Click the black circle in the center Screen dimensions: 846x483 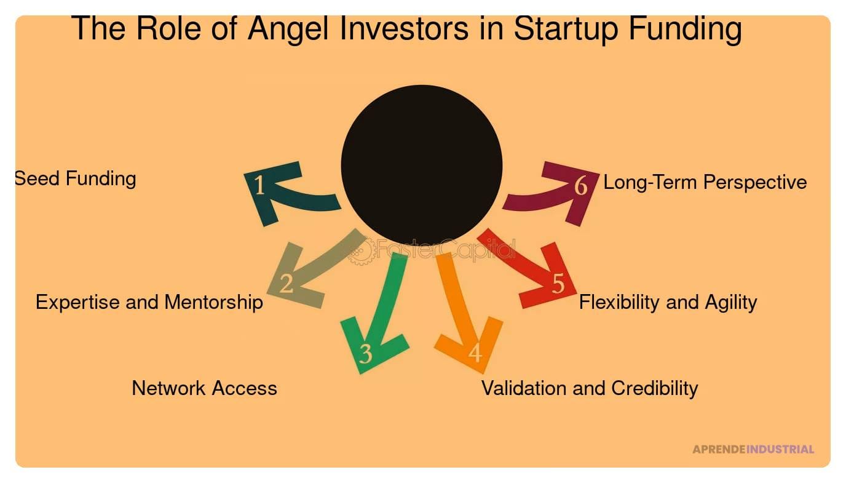(x=422, y=166)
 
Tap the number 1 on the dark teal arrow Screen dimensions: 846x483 (x=259, y=185)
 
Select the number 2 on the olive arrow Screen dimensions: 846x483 (x=287, y=283)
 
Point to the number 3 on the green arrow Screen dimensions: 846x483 (x=366, y=353)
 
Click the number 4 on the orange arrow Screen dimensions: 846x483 (x=475, y=353)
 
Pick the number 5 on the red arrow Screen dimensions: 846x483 (x=558, y=283)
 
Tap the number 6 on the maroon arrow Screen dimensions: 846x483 (x=581, y=186)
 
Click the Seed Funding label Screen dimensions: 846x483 (x=75, y=179)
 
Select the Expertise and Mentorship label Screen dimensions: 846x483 (x=149, y=302)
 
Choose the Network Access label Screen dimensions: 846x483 (x=204, y=388)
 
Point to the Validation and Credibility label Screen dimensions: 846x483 (x=590, y=388)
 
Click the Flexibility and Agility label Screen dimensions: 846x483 (x=668, y=302)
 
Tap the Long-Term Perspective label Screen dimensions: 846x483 (x=705, y=182)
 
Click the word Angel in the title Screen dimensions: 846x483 (x=288, y=30)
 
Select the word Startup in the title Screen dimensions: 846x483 (x=566, y=30)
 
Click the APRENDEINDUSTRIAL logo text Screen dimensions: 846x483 (x=753, y=449)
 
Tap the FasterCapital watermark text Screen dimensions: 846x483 (x=446, y=249)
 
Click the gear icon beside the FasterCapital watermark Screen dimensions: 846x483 (x=361, y=251)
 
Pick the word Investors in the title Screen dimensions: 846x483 (x=404, y=28)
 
